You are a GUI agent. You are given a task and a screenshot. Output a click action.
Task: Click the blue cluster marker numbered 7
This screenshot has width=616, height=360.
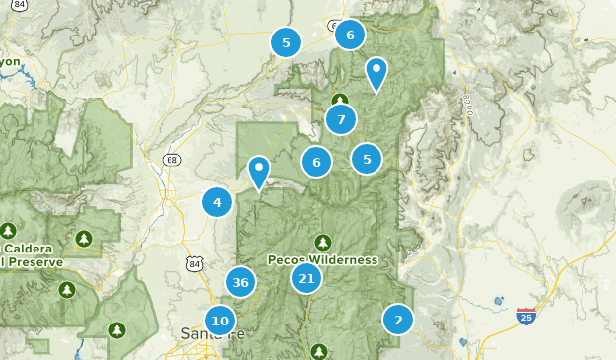pyautogui.click(x=341, y=120)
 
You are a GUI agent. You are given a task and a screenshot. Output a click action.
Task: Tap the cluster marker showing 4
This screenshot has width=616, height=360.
pyautogui.click(x=217, y=203)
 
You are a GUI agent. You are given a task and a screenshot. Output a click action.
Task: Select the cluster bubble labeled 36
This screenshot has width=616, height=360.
pyautogui.click(x=240, y=282)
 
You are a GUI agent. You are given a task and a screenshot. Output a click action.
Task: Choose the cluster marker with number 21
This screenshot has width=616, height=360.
pyautogui.click(x=307, y=279)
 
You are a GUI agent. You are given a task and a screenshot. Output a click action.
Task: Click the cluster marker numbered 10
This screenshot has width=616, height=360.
pyautogui.click(x=220, y=321)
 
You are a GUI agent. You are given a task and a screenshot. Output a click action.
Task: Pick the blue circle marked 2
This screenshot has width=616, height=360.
pyautogui.click(x=398, y=319)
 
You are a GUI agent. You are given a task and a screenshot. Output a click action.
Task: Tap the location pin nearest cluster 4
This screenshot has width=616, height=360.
pyautogui.click(x=259, y=172)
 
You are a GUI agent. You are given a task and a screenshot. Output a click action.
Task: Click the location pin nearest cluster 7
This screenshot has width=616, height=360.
pyautogui.click(x=376, y=73)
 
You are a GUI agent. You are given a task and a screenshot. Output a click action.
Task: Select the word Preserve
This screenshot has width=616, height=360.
pyautogui.click(x=35, y=262)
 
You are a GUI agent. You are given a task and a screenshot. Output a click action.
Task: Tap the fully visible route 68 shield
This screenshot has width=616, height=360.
pyautogui.click(x=173, y=159)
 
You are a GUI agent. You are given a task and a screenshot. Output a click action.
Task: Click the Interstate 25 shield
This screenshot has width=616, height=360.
pyautogui.click(x=526, y=317)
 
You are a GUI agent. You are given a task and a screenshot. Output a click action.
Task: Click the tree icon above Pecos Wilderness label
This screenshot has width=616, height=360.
pyautogui.click(x=323, y=242)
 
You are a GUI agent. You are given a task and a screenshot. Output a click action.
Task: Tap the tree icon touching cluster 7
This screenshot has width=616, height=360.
pyautogui.click(x=340, y=100)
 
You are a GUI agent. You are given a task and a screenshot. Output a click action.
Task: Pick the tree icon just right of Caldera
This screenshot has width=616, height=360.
pyautogui.click(x=84, y=238)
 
